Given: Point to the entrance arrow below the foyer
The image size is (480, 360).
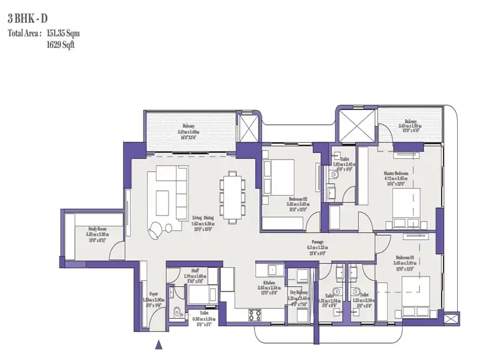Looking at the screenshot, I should point(158,344).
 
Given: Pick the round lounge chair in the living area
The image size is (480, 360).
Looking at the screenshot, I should point(156,228).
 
